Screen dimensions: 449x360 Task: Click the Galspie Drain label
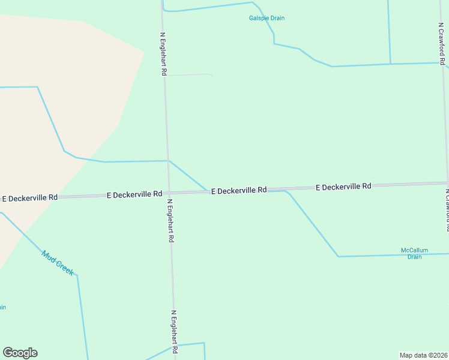pos(267,18)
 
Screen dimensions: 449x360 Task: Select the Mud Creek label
pos(58,263)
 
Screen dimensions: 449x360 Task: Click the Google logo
pos(20,353)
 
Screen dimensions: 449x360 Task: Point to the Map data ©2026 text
pos(423,355)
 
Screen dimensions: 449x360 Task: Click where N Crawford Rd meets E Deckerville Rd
pos(447,183)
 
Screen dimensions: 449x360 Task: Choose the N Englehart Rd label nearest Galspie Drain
pos(163,54)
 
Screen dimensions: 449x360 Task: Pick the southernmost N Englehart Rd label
pos(175,332)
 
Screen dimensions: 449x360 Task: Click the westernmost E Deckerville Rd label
pos(30,197)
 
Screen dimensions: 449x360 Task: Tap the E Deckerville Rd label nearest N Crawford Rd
pos(343,187)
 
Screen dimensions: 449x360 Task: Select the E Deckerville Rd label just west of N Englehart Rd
pos(134,194)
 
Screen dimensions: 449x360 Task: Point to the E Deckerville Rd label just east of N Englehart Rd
pos(238,190)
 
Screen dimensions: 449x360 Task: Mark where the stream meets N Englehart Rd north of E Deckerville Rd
pos(167,161)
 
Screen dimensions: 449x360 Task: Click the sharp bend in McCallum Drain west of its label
pos(338,256)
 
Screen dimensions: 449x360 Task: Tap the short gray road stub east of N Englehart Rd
pos(190,75)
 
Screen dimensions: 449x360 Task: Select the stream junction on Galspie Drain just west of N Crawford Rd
pos(390,64)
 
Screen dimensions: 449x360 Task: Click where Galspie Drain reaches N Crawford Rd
pos(444,62)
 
